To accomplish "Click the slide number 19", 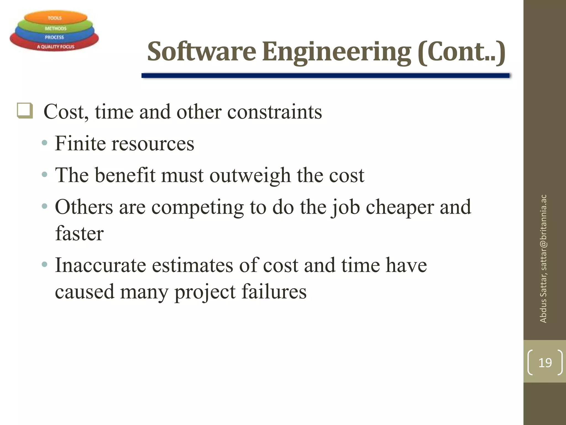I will (545, 363).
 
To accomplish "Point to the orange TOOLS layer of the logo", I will (55, 18).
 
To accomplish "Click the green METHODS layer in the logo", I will (55, 28).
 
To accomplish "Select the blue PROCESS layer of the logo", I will (54, 37).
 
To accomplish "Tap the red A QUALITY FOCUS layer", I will (56, 46).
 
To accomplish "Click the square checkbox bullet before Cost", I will (25, 111).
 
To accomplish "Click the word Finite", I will (80, 143).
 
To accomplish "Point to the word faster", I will (79, 233).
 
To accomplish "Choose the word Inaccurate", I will (100, 265).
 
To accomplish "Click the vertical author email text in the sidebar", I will (543, 259).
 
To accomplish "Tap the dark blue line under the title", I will (325, 76).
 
